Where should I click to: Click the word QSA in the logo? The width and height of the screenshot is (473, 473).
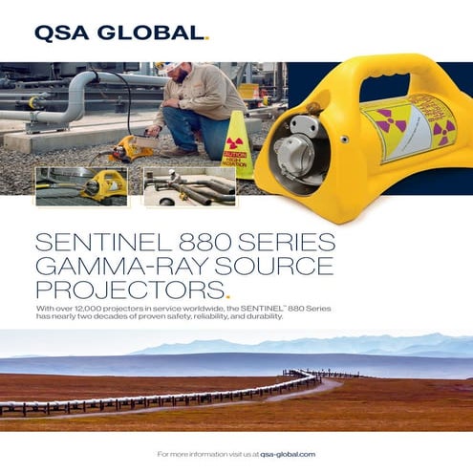pos(63,34)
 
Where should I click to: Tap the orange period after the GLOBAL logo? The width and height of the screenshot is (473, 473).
pos(204,40)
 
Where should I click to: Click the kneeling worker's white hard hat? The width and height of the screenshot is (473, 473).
pos(164,68)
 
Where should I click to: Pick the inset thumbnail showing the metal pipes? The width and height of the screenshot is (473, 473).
pos(188,185)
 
